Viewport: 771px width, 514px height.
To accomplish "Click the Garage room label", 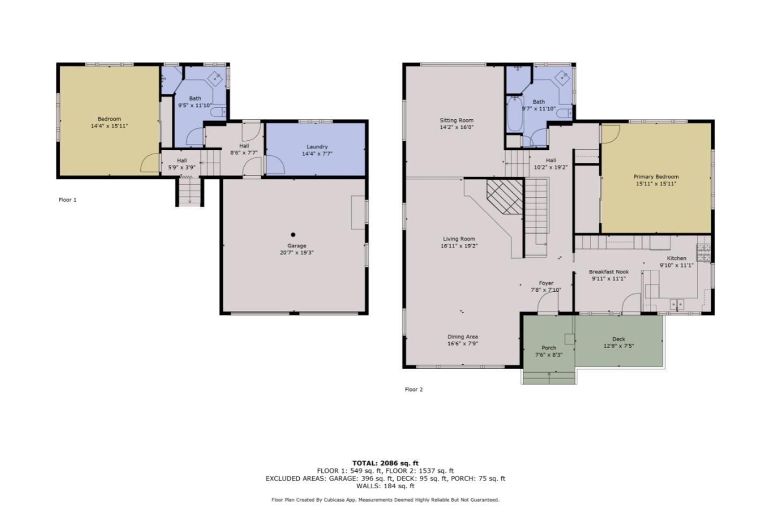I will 296,246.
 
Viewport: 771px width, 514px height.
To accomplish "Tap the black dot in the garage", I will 293,235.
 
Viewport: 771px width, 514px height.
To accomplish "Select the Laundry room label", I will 317,147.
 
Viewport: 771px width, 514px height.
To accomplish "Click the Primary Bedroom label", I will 656,177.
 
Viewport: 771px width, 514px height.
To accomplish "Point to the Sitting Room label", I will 457,120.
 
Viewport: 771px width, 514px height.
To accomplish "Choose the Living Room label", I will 459,239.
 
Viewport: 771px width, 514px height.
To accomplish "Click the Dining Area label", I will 463,337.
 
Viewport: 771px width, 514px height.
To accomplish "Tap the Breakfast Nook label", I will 609,272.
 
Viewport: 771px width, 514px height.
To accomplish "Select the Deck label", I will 618,339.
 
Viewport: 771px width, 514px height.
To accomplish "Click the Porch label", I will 549,347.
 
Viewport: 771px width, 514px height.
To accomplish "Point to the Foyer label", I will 546,283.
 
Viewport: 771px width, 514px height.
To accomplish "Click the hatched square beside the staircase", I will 504,196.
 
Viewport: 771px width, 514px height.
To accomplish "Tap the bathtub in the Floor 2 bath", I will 515,114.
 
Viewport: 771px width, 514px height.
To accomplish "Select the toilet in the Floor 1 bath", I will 218,112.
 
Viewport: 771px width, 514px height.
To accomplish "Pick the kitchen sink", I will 677,305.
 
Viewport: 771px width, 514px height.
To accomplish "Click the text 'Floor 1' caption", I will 67,200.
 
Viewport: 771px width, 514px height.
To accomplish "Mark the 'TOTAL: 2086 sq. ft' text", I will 385,463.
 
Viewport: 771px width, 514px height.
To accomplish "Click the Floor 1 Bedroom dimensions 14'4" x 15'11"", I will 109,126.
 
